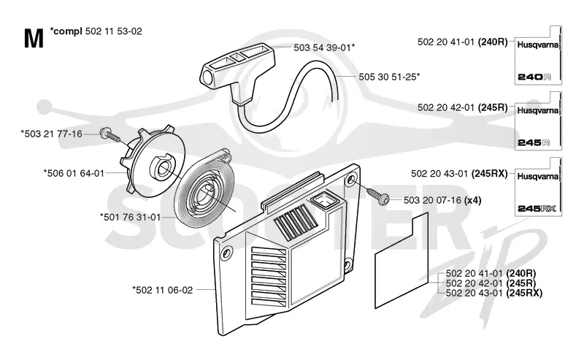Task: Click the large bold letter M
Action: coord(34,39)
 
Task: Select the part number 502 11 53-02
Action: coord(114,31)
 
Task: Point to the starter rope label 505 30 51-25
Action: coord(389,77)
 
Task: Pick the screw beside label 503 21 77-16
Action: coord(110,136)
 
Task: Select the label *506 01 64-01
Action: coord(74,173)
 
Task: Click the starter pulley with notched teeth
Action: coord(153,161)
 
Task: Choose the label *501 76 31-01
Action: coord(130,217)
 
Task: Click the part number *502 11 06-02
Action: coord(162,290)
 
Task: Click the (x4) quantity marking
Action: coord(473,201)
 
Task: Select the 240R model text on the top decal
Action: coord(534,77)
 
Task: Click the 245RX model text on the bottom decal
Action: coord(537,209)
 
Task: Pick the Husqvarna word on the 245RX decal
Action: coord(538,176)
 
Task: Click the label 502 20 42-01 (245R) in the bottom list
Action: coord(491,283)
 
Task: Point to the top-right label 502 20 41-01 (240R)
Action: coord(463,42)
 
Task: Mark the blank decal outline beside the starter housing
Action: coord(401,261)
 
